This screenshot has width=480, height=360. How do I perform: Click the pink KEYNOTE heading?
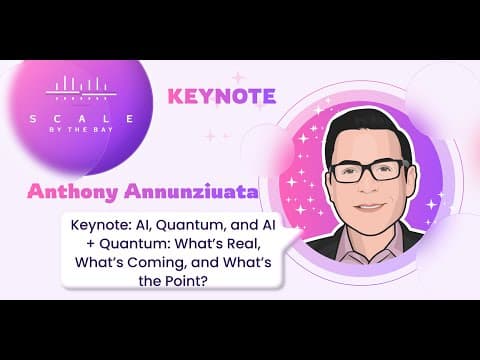tap(222, 96)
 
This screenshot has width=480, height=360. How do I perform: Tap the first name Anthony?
tap(72, 192)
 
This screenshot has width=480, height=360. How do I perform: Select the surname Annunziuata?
tap(191, 192)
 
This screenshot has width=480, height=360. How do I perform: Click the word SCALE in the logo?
tap(82, 119)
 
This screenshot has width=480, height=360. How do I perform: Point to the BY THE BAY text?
tap(81, 130)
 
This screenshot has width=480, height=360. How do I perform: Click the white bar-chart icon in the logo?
tap(81, 88)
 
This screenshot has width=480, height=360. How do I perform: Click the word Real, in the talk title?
tap(244, 244)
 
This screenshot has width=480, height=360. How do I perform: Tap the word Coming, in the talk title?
tap(156, 263)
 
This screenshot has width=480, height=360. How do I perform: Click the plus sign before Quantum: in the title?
tap(90, 245)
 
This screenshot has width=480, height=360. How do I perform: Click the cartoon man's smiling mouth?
tap(371, 206)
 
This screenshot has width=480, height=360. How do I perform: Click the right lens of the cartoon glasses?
tap(388, 171)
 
